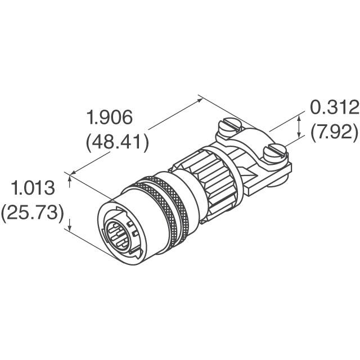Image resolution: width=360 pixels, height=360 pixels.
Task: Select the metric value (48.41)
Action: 117,142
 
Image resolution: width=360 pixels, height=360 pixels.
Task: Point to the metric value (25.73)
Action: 32,214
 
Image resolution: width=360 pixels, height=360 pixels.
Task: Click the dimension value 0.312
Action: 334,107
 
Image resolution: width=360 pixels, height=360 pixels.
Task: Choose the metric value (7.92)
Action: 334,132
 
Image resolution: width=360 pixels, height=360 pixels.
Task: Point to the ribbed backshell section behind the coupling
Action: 214,174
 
